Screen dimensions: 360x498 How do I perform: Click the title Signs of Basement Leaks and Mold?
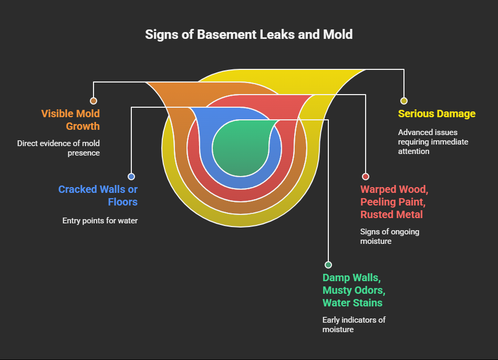point(249,35)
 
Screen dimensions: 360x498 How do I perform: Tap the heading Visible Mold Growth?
point(70,120)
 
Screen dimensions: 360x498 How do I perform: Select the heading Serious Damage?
point(437,114)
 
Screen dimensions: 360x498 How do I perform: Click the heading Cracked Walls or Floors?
point(98,196)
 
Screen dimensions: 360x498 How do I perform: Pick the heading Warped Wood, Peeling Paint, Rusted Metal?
point(393,202)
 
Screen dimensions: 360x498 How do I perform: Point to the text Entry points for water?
point(100,221)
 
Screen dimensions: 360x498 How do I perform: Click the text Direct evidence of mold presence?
point(58,148)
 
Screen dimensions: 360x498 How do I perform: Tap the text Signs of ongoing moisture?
point(389,236)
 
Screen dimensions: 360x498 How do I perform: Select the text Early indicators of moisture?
point(354,325)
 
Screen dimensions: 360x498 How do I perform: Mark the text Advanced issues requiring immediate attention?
point(433,142)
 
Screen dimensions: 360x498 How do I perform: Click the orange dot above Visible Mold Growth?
point(94,101)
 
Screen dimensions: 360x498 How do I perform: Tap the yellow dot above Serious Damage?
point(403,101)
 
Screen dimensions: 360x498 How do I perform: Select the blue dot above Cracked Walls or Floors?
point(131,177)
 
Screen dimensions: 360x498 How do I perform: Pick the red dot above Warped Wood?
point(366,177)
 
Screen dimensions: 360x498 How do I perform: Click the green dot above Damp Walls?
point(328,265)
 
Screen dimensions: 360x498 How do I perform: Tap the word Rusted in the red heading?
point(377,214)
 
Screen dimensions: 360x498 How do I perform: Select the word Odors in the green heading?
point(370,290)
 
